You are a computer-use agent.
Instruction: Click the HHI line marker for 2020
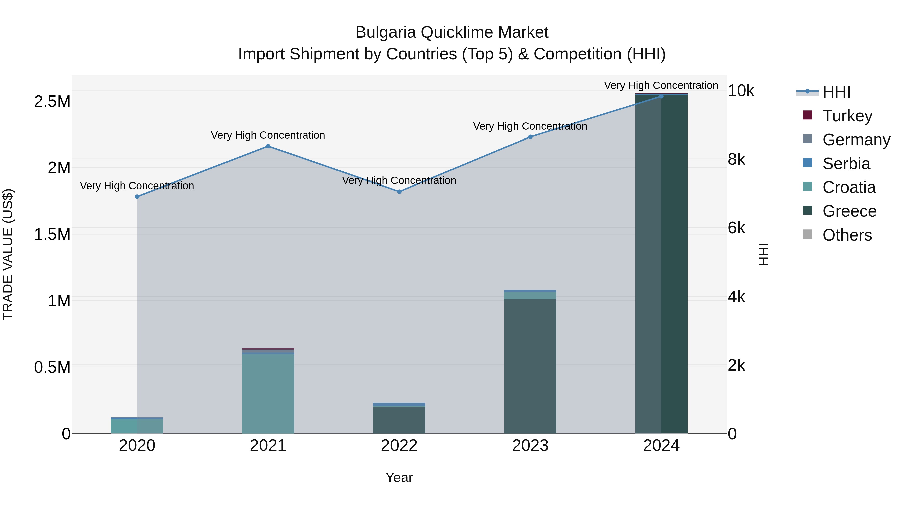[x=137, y=197]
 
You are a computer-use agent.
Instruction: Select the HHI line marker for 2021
[x=268, y=146]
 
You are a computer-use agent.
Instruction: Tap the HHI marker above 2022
[x=399, y=192]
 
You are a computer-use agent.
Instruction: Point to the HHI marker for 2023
[x=530, y=137]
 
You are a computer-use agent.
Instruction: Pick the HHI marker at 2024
[x=661, y=96]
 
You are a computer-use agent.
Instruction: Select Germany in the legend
[x=856, y=140]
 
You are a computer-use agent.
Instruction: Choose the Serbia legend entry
[x=846, y=164]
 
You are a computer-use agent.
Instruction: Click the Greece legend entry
[x=849, y=211]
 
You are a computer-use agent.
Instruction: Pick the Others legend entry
[x=847, y=235]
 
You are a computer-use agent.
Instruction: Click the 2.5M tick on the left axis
[x=52, y=102]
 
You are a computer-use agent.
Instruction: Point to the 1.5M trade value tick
[x=52, y=234]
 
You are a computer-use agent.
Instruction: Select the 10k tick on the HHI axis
[x=741, y=91]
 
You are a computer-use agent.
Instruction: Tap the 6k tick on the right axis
[x=736, y=228]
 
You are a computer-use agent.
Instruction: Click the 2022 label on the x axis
[x=399, y=446]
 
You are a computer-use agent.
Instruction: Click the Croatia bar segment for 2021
[x=268, y=393]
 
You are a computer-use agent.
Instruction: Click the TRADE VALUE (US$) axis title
[x=8, y=254]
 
